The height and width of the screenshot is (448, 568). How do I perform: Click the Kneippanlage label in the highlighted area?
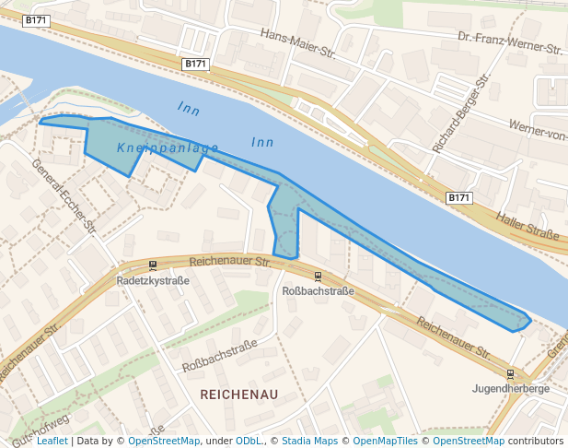[168, 147]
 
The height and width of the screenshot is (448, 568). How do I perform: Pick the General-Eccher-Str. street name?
[64, 195]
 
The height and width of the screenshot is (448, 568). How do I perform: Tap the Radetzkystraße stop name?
[153, 280]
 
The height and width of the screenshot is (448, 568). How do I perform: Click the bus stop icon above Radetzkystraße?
[153, 265]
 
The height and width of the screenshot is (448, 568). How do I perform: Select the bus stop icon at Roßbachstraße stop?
[319, 277]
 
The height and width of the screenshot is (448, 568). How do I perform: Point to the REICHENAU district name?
[238, 395]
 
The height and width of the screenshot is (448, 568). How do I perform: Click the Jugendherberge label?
[511, 389]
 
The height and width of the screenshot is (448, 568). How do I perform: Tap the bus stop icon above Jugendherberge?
[511, 374]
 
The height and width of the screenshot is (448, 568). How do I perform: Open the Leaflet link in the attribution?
[52, 441]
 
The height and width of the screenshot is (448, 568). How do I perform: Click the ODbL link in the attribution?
[249, 441]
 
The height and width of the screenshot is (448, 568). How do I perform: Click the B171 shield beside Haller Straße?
[459, 198]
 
